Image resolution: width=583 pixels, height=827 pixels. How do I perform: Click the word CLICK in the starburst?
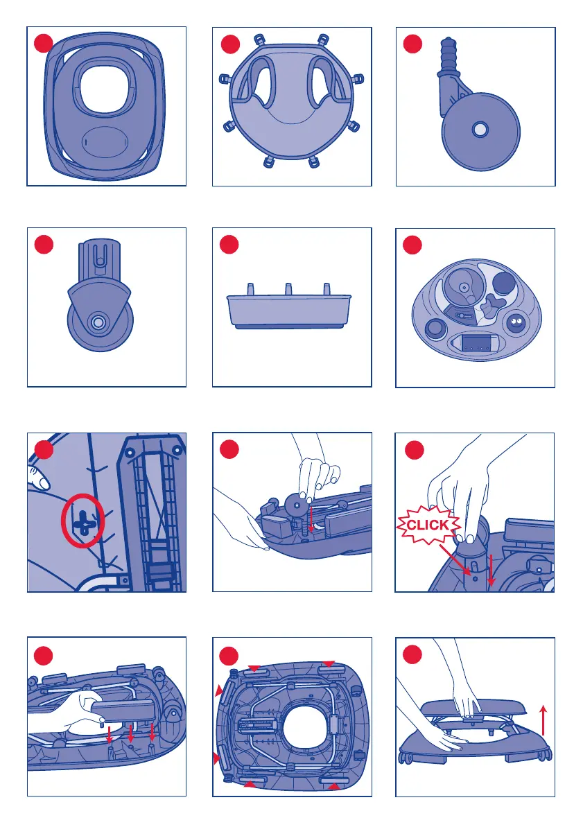tap(428, 525)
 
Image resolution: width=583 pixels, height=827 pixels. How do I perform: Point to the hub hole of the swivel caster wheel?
tap(480, 130)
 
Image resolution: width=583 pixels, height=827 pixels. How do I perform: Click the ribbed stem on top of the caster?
tap(449, 54)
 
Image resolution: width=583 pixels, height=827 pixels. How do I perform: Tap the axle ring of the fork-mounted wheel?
tap(97, 323)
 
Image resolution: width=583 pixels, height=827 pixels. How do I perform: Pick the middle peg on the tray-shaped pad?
tap(288, 289)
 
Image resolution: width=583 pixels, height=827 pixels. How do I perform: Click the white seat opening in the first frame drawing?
tap(105, 89)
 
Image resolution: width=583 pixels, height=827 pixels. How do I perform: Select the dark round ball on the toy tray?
tap(505, 283)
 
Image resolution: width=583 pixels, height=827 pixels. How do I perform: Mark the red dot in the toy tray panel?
tap(412, 245)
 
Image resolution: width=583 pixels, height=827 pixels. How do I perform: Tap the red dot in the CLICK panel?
tap(414, 450)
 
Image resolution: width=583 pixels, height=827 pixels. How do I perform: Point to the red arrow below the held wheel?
tap(311, 519)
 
